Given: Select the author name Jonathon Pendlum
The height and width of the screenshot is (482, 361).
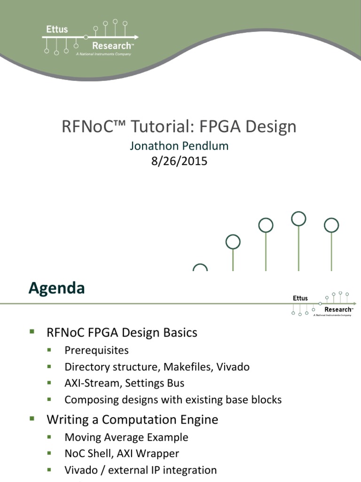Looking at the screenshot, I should [x=179, y=146].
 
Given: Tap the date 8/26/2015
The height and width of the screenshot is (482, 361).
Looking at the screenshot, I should [x=179, y=161].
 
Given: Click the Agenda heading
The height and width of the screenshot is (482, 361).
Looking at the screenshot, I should [x=56, y=288].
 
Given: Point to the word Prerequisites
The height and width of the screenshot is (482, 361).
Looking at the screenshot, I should [x=96, y=351].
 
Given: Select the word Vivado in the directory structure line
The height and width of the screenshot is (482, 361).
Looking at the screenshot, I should [x=233, y=367].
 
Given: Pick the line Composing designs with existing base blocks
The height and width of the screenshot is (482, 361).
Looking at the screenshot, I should [x=173, y=400].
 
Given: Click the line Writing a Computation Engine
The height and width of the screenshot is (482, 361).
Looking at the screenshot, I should [x=132, y=419].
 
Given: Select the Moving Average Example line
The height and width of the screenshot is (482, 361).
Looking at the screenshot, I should [x=126, y=437].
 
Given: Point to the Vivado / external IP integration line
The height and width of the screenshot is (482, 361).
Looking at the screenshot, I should [x=141, y=470].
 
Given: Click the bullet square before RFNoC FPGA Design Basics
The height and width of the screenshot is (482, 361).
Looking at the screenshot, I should [x=32, y=331].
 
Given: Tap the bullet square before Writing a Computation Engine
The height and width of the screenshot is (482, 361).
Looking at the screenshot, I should [x=32, y=418].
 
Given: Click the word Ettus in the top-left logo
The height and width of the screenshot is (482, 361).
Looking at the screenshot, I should [x=56, y=29].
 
